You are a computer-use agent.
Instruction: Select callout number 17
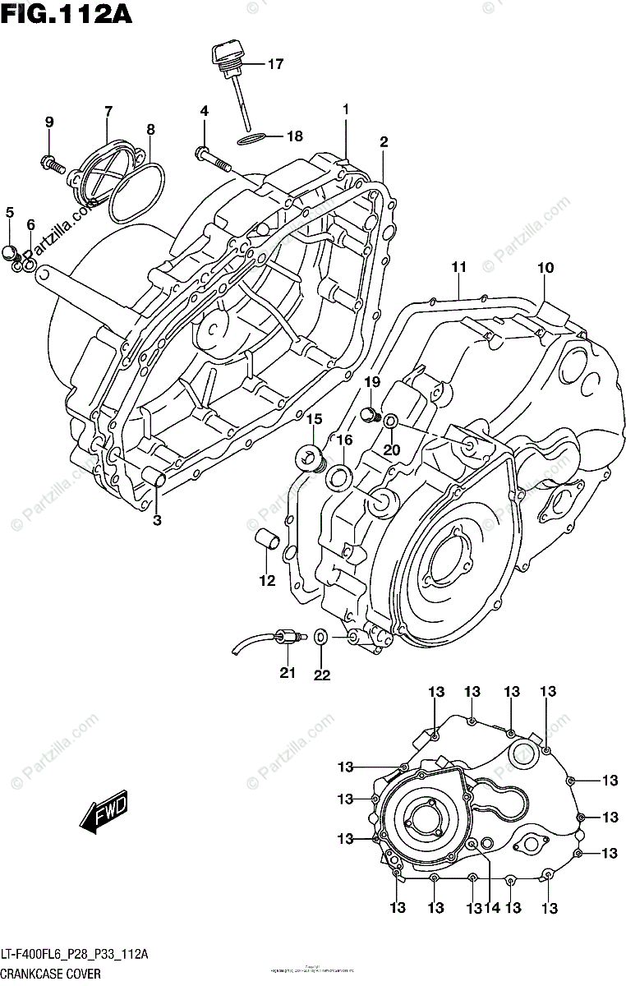(274, 64)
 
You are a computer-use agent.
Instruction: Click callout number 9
(49, 122)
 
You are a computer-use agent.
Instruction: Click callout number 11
(458, 266)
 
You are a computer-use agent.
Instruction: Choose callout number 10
(545, 267)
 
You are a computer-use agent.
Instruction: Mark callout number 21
(287, 674)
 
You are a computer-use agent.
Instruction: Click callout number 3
(156, 519)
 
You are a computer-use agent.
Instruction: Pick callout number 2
(383, 142)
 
